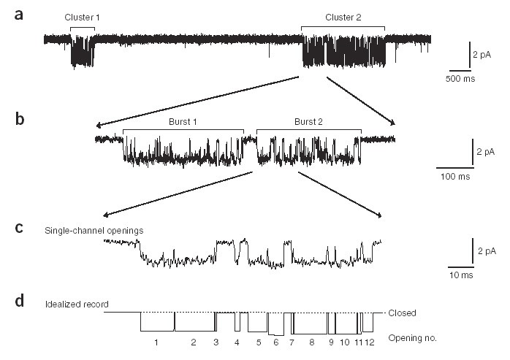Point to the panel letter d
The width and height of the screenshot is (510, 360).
coord(22,300)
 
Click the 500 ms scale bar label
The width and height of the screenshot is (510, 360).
coord(460,78)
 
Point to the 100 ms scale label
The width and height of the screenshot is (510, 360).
coord(454,177)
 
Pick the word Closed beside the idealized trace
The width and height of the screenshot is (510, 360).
coord(402,313)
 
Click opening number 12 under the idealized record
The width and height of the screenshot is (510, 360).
coord(370,341)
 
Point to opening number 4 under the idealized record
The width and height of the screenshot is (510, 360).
coord(237,341)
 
